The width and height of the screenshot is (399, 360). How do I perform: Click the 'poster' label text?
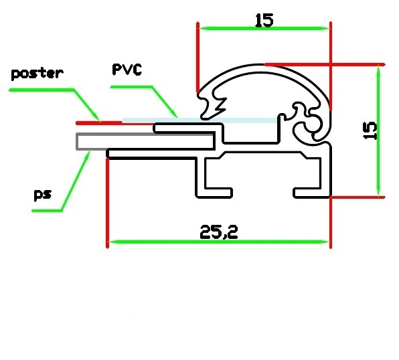point(37,74)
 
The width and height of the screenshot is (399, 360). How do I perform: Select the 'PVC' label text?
point(127,70)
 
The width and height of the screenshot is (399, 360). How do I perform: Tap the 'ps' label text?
point(43,195)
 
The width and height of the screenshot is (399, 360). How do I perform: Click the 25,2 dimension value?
point(219,232)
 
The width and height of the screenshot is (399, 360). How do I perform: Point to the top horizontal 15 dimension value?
point(264,20)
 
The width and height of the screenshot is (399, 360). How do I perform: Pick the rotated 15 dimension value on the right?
point(370,130)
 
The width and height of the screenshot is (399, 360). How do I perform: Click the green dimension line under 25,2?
point(219,242)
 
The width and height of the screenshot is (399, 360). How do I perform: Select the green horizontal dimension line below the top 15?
point(264,28)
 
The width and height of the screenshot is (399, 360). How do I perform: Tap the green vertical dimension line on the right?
point(379,130)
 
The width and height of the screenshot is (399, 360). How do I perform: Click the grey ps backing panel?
point(145,141)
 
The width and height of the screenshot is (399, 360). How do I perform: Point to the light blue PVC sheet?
point(199,120)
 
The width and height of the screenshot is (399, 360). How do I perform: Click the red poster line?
point(114,123)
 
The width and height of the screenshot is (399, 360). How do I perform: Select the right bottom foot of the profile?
point(312,193)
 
